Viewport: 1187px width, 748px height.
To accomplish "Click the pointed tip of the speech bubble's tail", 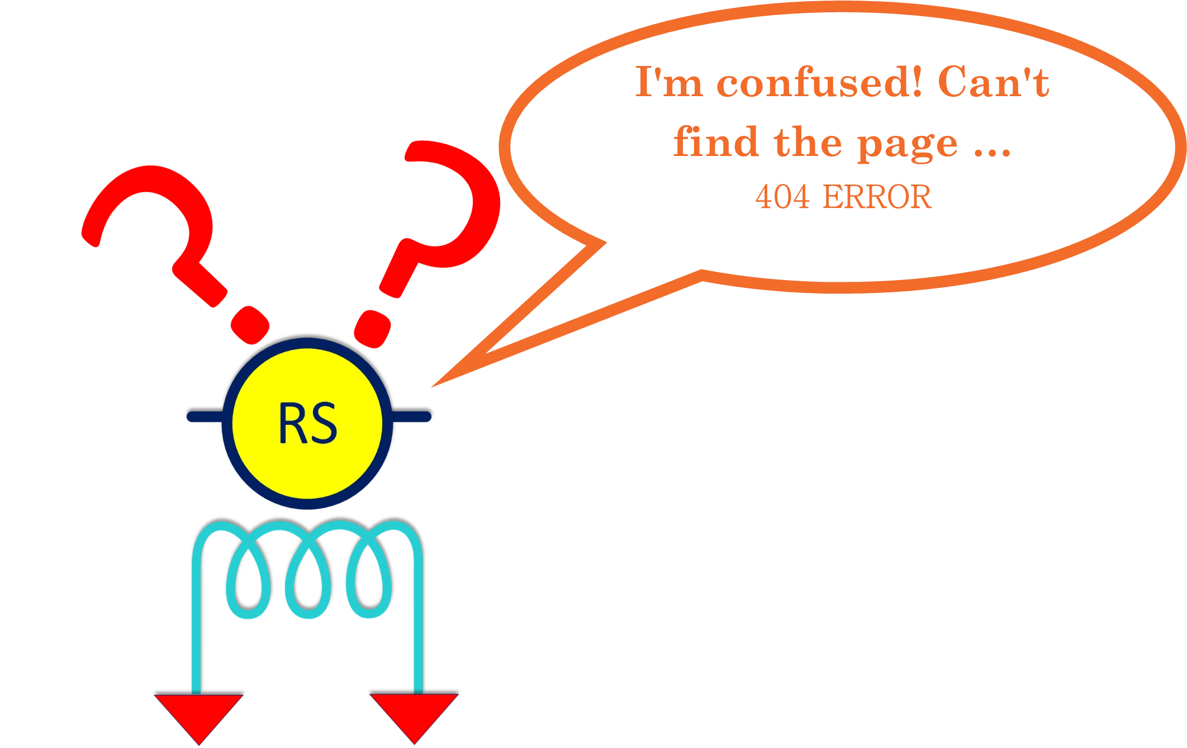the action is click(x=431, y=387).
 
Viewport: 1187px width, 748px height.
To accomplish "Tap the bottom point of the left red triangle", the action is click(x=199, y=744).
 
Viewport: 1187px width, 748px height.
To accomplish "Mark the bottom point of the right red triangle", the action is click(x=415, y=744).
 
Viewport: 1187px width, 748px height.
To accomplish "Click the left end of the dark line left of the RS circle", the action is click(x=188, y=416).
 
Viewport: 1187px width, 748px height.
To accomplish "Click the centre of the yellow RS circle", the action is click(x=307, y=423).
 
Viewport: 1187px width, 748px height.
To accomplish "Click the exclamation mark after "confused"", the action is click(x=914, y=82).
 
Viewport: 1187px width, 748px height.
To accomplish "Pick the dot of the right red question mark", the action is click(x=373, y=329).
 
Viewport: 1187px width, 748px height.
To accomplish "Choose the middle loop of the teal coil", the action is click(x=308, y=581).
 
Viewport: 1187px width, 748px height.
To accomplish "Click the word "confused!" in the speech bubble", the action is click(x=819, y=82).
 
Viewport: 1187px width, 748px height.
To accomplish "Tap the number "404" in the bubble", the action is click(x=782, y=197).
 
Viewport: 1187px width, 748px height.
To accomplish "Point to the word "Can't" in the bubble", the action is click(x=993, y=82).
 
